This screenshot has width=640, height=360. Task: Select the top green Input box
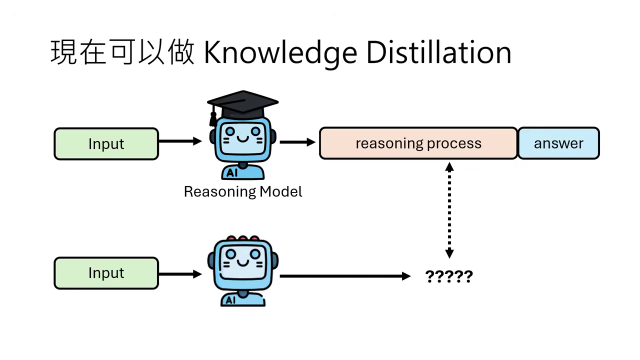click(x=106, y=144)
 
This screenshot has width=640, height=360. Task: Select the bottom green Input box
click(x=106, y=273)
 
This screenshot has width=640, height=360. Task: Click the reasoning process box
click(x=418, y=143)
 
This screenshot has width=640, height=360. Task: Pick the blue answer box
click(x=558, y=143)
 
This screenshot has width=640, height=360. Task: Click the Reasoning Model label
click(x=243, y=191)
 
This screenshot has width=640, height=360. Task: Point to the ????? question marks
click(x=448, y=276)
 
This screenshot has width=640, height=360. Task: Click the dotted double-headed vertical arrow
click(x=449, y=210)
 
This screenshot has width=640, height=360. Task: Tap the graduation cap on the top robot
click(x=243, y=103)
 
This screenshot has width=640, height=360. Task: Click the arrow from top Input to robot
click(x=179, y=141)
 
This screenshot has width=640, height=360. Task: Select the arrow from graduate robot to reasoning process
click(x=297, y=142)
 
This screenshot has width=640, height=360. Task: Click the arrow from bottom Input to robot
click(x=179, y=274)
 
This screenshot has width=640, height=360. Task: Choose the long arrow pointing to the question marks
click(x=345, y=276)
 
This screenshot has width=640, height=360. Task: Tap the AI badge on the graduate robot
click(x=232, y=173)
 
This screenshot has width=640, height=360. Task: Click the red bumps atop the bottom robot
click(x=242, y=238)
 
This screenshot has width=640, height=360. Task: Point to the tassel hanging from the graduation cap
click(x=213, y=119)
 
